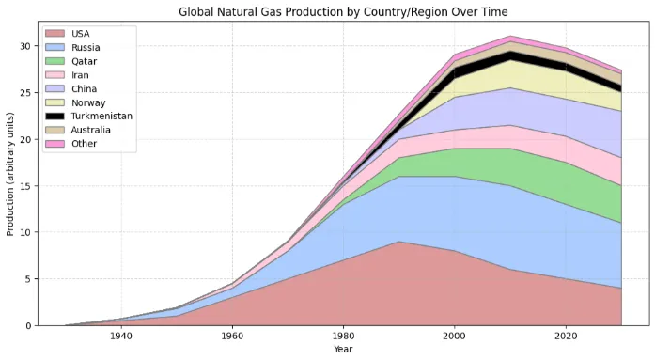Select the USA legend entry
pos(80,34)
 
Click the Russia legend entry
pos(86,47)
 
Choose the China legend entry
pos(85,88)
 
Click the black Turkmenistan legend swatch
pos(57,116)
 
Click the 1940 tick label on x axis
pos(120,337)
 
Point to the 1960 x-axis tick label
pos(231,337)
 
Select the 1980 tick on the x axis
pos(343,337)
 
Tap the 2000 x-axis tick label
pos(454,337)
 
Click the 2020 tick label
pos(566,337)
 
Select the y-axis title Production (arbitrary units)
pos(11,178)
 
